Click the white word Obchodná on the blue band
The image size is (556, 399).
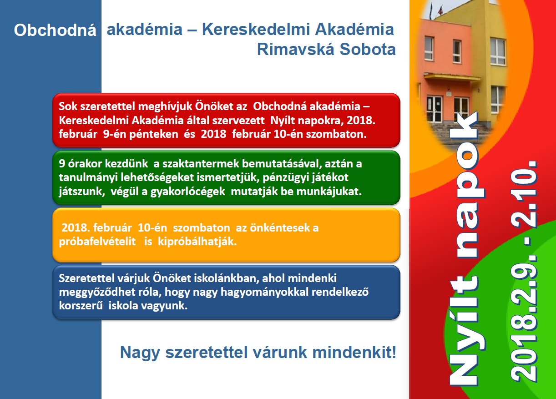[55, 30]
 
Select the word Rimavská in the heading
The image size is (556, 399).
[296, 49]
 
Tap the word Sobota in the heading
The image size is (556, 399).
[368, 49]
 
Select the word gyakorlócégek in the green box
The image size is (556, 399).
[187, 192]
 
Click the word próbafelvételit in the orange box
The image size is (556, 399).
[97, 242]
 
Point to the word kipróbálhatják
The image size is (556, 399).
[197, 242]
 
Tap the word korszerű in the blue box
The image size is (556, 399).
[81, 306]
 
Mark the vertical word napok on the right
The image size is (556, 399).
[466, 183]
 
